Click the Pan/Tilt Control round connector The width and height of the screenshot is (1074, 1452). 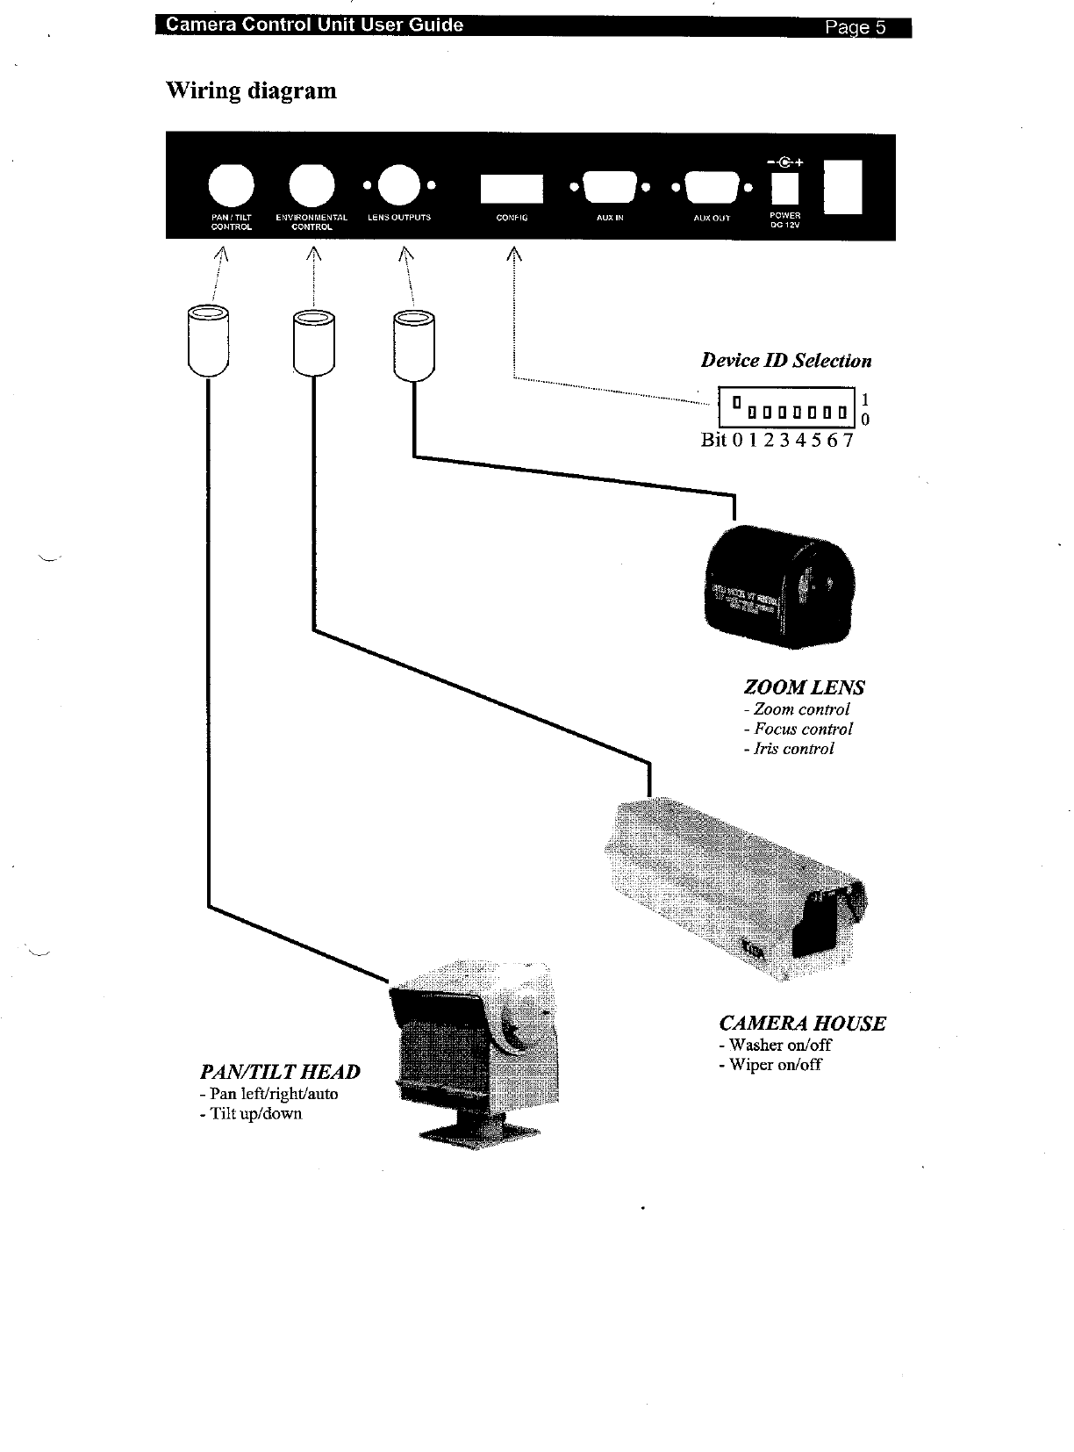coord(231,188)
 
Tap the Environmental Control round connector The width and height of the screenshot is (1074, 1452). coord(311,188)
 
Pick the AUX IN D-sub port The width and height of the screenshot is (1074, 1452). coord(609,187)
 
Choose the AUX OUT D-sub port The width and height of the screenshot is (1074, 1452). coord(711,187)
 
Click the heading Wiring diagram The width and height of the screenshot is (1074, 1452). coord(251,91)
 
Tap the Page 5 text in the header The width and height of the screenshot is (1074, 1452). coord(855,27)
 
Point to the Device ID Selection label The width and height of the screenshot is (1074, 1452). coord(785,361)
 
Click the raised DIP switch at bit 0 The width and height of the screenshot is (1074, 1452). coord(737,403)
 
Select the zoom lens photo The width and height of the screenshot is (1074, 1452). coord(780,586)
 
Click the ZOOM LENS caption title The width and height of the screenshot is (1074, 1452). coord(804,687)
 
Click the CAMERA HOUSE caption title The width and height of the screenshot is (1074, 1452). coord(802,1024)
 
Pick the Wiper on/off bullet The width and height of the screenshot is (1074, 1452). coord(770,1065)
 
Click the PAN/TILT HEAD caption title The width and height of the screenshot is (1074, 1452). coord(280,1072)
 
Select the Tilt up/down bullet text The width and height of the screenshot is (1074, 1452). coord(250,1114)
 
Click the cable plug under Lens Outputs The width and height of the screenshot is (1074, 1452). coord(413,344)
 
